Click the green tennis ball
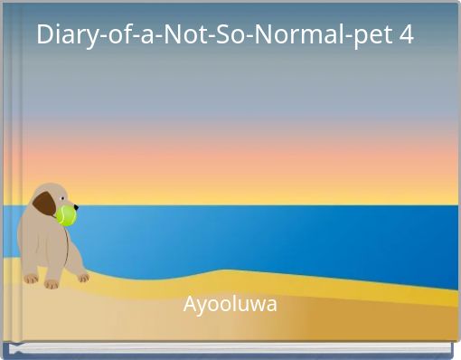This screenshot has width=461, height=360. [66, 215]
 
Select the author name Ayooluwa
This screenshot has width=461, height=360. [230, 304]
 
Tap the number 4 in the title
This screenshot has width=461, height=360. [406, 36]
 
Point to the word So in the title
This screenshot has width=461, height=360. [225, 36]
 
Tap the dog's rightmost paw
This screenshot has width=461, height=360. [83, 278]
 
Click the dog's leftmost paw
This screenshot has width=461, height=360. [30, 278]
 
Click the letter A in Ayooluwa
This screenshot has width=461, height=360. [191, 304]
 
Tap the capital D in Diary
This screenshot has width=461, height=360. [45, 36]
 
